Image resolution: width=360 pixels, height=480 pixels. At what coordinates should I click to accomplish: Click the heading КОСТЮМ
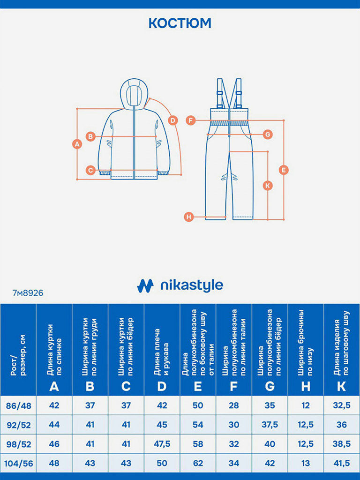point(180,23)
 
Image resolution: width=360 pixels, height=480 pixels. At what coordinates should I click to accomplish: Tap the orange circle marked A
point(77,144)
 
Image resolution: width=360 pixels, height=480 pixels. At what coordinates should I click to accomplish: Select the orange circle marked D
point(173,120)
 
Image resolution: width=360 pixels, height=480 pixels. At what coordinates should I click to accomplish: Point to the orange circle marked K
point(267,186)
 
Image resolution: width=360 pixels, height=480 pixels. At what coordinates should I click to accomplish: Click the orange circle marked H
point(188,217)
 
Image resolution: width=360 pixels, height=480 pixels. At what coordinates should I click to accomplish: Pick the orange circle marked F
point(190,120)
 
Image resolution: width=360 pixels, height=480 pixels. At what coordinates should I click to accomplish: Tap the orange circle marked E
point(284,170)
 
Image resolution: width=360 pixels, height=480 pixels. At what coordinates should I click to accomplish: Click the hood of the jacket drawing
point(134,94)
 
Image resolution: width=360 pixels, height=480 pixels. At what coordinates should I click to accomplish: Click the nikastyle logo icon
point(145,285)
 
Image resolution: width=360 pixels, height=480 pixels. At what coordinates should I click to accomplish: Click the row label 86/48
point(18,405)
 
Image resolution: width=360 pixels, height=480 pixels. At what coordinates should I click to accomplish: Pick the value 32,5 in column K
point(342,405)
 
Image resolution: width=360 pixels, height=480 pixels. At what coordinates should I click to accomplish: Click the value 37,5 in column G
point(270,425)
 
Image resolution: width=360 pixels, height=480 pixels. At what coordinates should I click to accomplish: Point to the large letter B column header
point(90,387)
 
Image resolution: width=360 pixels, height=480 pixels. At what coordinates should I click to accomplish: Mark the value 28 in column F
point(234,405)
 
